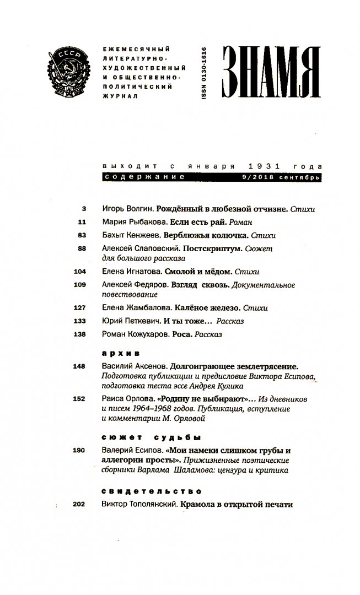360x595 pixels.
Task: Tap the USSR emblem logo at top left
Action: (72, 71)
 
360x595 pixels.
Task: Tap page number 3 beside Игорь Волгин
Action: (84, 209)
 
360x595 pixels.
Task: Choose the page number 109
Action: (80, 285)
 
